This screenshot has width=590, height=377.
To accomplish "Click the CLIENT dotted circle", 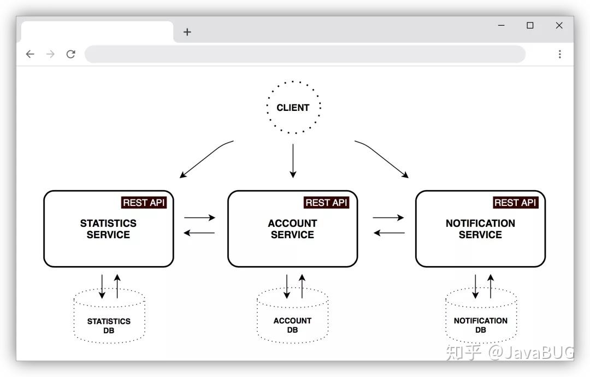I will pos(293,108).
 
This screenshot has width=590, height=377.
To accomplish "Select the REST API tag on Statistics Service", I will pos(143,202).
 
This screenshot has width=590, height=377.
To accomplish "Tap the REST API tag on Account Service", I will pos(326,202).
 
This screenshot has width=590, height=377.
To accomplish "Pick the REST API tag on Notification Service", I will pos(515,202).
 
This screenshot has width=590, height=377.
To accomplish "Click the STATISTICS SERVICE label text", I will pos(108,229).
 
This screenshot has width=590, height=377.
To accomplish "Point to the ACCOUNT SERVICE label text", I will pos(292,229).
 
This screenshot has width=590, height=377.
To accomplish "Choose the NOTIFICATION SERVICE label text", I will pos(480,229).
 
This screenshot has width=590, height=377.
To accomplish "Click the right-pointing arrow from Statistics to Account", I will pos(199,217).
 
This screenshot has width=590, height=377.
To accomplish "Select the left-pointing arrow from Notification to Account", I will pos(388,233).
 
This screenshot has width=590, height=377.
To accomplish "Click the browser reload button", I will pos(70,54).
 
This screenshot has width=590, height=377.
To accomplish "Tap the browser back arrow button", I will pos(30,54).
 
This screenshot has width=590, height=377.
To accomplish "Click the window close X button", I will pos(559,26).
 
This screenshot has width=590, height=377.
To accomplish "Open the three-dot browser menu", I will pos(559,54).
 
